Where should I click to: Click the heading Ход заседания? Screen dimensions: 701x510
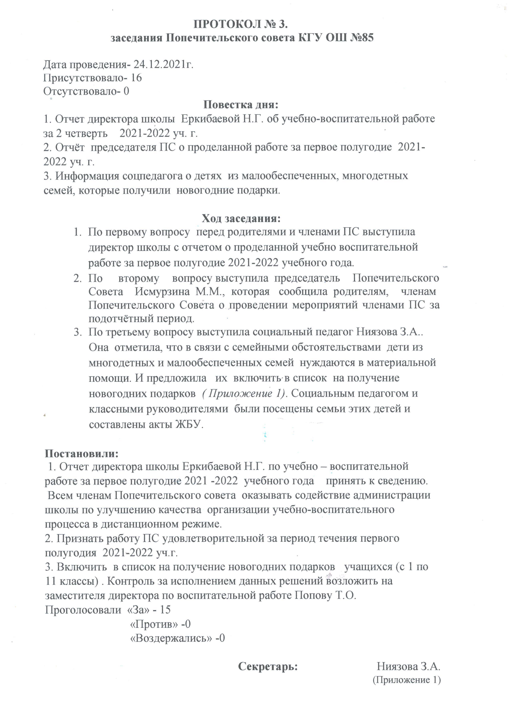click(241, 219)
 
